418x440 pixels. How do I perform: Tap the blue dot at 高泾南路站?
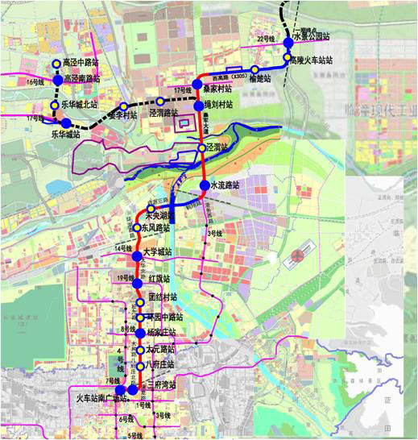[58, 79]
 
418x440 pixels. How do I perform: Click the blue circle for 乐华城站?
[66, 123]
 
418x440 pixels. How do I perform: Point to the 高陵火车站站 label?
[312, 60]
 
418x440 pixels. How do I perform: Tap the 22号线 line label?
[266, 39]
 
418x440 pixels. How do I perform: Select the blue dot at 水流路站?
[205, 185]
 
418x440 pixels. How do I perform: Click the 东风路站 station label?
[156, 229]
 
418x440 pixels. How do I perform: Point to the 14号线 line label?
[122, 248]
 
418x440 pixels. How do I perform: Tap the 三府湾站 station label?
[161, 386]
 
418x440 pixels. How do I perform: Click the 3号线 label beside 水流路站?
[214, 233]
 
